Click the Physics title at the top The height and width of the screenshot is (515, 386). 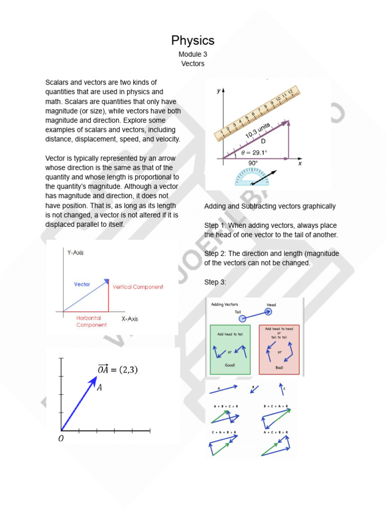point(193,40)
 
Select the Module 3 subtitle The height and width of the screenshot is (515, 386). point(193,54)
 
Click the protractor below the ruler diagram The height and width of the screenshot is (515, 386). point(252,177)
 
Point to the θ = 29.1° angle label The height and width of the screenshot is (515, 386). point(254,151)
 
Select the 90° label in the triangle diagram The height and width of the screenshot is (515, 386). point(252,163)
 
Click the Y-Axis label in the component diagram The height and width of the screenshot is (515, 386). point(75,253)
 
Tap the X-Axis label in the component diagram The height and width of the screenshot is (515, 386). point(130,319)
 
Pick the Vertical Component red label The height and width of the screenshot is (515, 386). point(138,287)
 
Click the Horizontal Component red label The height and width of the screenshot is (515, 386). point(91,321)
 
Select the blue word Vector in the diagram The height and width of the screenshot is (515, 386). point(82,284)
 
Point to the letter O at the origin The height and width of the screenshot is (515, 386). point(61,439)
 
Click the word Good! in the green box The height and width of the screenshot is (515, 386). point(230,365)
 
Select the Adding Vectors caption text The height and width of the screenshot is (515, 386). point(225,304)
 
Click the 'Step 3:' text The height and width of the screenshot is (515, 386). point(215,282)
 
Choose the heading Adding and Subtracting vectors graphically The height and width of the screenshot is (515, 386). point(270,206)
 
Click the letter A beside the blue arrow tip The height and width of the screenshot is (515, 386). point(99,387)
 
